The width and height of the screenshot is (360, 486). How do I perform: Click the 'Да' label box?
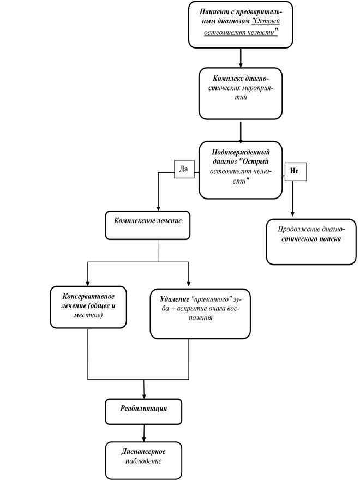184,169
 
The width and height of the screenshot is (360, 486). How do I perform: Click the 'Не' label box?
296,171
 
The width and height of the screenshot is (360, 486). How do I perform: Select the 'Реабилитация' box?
143,412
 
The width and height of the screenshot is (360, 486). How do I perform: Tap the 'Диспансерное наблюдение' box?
143,460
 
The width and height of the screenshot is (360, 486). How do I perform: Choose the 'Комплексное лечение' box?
148,225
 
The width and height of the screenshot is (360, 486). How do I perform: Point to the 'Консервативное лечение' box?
88,307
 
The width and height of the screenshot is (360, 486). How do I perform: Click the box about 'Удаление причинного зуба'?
200,314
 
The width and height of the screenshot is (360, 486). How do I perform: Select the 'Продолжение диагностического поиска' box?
311,242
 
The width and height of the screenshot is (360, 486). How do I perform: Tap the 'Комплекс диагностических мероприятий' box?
241,94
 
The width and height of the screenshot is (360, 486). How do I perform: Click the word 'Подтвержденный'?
241,152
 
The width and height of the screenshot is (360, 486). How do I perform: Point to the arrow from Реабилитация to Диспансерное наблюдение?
144,433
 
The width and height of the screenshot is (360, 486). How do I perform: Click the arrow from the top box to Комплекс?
241,58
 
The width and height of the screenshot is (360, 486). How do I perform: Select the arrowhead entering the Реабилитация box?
144,397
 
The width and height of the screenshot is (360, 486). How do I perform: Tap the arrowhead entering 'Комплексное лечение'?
158,208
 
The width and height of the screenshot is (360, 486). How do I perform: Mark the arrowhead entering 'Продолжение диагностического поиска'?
292,214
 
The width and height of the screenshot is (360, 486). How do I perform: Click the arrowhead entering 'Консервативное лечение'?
88,283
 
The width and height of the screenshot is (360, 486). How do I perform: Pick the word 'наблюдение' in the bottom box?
143,461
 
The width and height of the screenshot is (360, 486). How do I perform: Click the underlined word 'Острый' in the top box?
266,22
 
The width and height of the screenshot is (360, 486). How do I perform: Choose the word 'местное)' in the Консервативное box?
88,315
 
